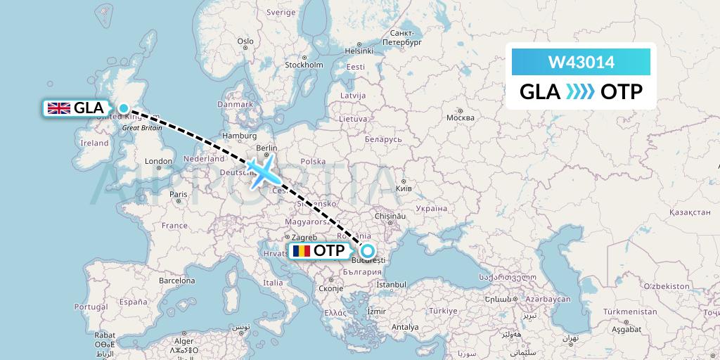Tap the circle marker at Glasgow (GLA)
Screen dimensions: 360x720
pyautogui.click(x=124, y=108)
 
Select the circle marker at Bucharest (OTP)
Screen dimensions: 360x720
pyautogui.click(x=367, y=250)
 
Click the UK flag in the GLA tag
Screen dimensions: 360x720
pyautogui.click(x=58, y=108)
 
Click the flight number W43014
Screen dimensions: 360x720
pyautogui.click(x=581, y=63)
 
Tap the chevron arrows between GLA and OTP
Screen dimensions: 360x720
pyautogui.click(x=580, y=92)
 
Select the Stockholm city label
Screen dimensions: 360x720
pyautogui.click(x=304, y=65)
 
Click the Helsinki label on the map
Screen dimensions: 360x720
pyautogui.click(x=359, y=51)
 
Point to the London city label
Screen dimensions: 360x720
pyautogui.click(x=158, y=161)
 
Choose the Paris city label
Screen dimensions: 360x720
pyautogui.click(x=179, y=194)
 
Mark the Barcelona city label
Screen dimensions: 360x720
pyautogui.click(x=176, y=280)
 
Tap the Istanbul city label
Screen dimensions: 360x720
pyautogui.click(x=390, y=285)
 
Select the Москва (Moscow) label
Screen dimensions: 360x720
pyautogui.click(x=461, y=117)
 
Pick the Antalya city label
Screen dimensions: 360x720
pyautogui.click(x=405, y=327)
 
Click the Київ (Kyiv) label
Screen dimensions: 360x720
pyautogui.click(x=404, y=189)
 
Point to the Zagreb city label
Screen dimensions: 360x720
pyautogui.click(x=304, y=238)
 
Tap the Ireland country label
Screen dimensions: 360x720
pyautogui.click(x=94, y=143)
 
